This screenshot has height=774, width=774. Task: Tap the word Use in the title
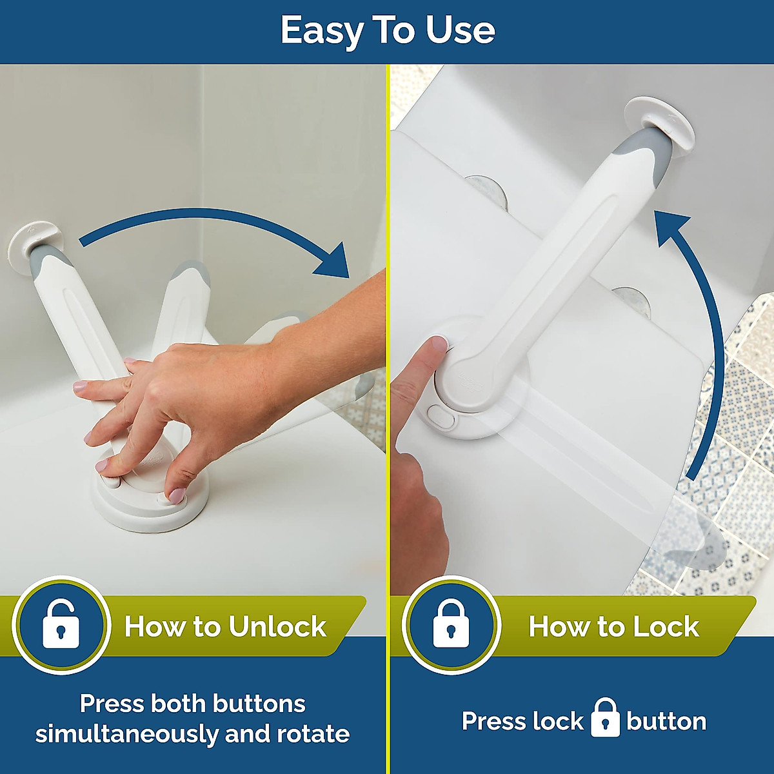[461, 30]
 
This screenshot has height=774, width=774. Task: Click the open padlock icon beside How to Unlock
[61, 624]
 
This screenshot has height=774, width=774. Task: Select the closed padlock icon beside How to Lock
[451, 624]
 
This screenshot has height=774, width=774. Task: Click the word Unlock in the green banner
[277, 627]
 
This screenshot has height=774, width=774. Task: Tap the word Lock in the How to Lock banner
[665, 627]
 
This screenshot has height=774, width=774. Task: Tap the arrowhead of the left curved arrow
[333, 264]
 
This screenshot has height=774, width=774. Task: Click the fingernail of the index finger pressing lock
[439, 344]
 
